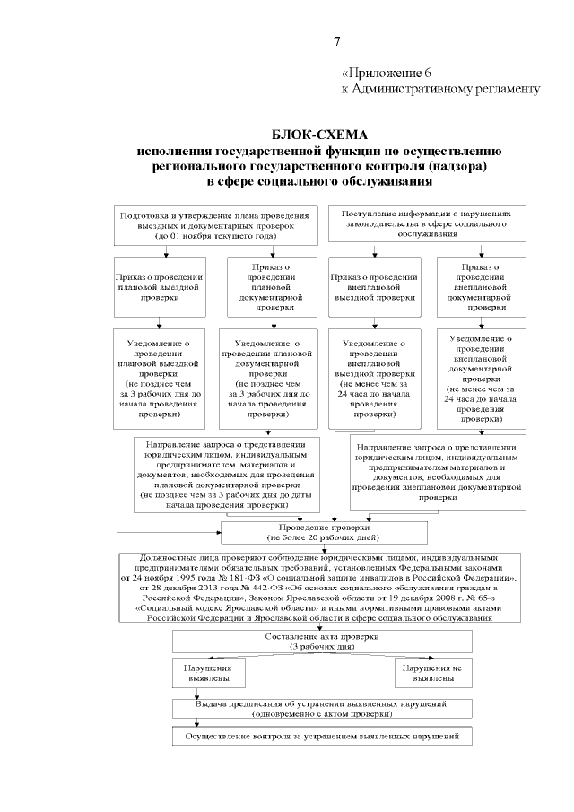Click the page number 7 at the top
pyautogui.click(x=337, y=41)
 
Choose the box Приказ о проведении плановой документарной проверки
pyautogui.click(x=274, y=286)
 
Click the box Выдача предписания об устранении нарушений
pyautogui.click(x=321, y=709)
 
